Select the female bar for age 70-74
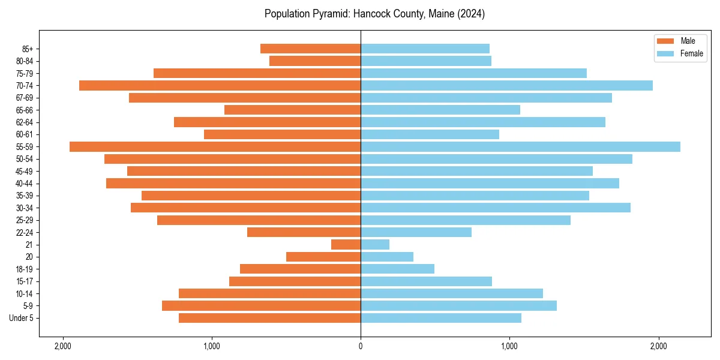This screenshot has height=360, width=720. pyautogui.click(x=506, y=85)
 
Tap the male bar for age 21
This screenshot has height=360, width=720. pyautogui.click(x=346, y=244)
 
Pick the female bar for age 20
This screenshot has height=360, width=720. pyautogui.click(x=387, y=257)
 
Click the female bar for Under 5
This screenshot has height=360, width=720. pyautogui.click(x=441, y=318)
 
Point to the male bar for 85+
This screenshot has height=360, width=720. pyautogui.click(x=310, y=49)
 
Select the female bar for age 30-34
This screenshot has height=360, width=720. pyautogui.click(x=496, y=208)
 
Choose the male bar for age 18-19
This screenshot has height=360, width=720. pyautogui.click(x=300, y=269)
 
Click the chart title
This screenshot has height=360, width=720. pyautogui.click(x=374, y=14)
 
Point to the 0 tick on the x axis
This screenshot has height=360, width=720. pyautogui.click(x=361, y=346)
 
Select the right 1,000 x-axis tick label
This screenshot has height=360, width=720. pyautogui.click(x=509, y=346)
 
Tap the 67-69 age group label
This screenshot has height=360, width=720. pyautogui.click(x=24, y=98)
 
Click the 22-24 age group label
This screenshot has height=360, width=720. pyautogui.click(x=24, y=232)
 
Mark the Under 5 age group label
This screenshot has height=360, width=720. pyautogui.click(x=22, y=318)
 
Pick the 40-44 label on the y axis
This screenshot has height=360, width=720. pyautogui.click(x=24, y=183)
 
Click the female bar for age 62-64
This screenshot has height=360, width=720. pyautogui.click(x=483, y=122)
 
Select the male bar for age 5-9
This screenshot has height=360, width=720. pyautogui.click(x=261, y=305)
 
